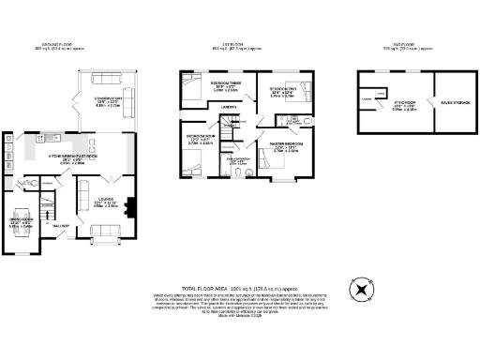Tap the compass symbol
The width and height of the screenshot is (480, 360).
click(x=360, y=290)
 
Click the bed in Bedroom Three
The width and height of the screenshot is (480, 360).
click(x=190, y=90)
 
